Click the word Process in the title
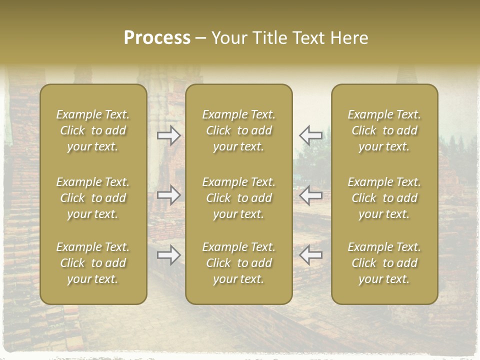pyautogui.click(x=157, y=38)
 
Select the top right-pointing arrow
pyautogui.click(x=169, y=135)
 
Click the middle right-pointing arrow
pyautogui.click(x=169, y=195)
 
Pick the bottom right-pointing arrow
pyautogui.click(x=169, y=255)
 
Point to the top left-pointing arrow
pyautogui.click(x=310, y=135)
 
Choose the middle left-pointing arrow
pyautogui.click(x=310, y=195)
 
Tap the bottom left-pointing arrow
pyautogui.click(x=310, y=255)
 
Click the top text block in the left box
pyautogui.click(x=93, y=130)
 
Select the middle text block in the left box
pyautogui.click(x=93, y=198)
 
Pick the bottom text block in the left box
pyautogui.click(x=93, y=263)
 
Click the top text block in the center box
pyautogui.click(x=239, y=130)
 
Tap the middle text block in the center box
pyautogui.click(x=239, y=198)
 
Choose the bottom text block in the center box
pyautogui.click(x=239, y=263)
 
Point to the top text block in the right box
pyautogui.click(x=384, y=130)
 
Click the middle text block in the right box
pyautogui.click(x=384, y=198)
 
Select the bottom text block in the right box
pyautogui.click(x=384, y=263)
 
